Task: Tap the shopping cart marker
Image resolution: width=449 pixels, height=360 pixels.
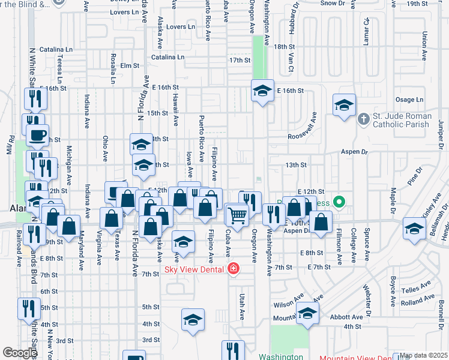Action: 238,215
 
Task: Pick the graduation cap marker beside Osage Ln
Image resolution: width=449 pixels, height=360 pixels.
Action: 345,106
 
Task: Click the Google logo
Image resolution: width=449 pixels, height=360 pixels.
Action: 20,352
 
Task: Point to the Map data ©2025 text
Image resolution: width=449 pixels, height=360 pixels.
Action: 424,356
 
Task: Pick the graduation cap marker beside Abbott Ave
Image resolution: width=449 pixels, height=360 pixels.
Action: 308,314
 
